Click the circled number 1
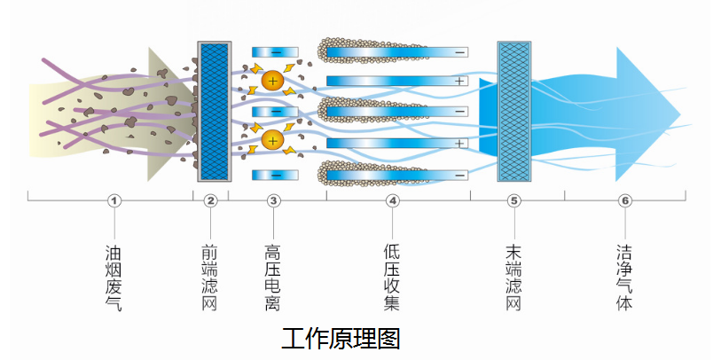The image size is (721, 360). coord(114,200)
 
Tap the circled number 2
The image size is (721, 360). coord(210,200)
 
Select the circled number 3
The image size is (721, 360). coord(273,200)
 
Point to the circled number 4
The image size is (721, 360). coord(393,200)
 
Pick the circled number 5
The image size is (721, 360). coord(513,200)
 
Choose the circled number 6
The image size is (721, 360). coord(625,200)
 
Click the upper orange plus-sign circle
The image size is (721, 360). coord(272,82)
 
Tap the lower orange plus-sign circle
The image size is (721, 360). coord(272,139)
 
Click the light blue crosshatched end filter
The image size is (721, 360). coord(513,110)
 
